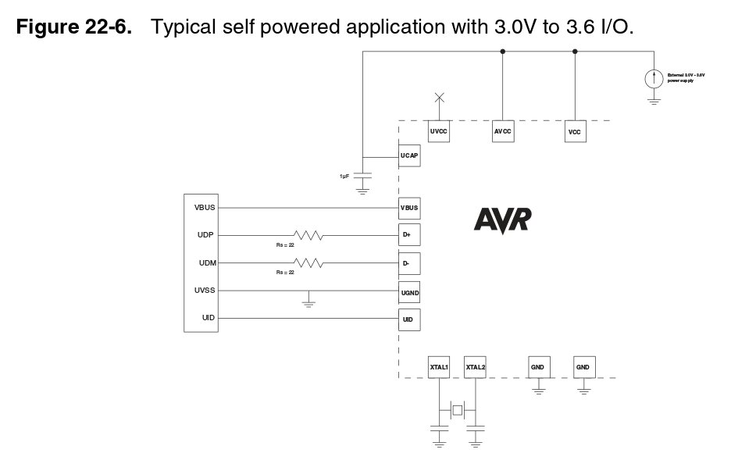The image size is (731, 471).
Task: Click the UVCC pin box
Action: point(438,132)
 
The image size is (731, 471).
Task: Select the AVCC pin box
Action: point(502,132)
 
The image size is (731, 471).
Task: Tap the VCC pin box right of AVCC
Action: point(575,132)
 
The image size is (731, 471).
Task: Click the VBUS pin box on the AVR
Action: point(409,209)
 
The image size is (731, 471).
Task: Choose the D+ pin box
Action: point(409,235)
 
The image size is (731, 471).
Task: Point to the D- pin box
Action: point(409,263)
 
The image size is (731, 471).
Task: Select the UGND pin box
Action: point(409,291)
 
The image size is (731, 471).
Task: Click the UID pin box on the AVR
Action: point(409,319)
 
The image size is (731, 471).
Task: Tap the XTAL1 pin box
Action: point(439,366)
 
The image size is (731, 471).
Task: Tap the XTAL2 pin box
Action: point(475,366)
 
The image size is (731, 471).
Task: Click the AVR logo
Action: point(502,219)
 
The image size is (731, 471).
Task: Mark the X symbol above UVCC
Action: point(439,98)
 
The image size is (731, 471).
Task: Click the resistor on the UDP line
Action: point(307,234)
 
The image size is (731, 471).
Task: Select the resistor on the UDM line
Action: point(307,262)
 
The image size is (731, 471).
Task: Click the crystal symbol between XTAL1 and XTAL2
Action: point(458,409)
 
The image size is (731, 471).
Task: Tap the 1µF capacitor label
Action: point(344,177)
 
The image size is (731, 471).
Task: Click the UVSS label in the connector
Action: point(205,291)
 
